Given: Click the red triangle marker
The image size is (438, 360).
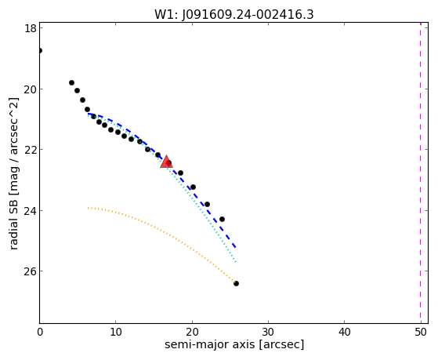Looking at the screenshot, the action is point(166,162).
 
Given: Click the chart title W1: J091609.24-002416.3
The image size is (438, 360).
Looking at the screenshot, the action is point(234,15).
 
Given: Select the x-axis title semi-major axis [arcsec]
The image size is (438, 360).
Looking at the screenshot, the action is point(234,344).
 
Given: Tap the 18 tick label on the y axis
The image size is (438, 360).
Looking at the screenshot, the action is point(31,28).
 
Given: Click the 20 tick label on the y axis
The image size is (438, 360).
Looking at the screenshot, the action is point(31,89).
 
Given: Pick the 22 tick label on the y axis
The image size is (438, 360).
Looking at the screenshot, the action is point(31,150).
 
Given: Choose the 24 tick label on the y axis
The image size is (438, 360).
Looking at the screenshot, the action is point(31,210).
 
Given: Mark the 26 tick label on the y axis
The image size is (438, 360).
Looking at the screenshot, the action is point(31,271).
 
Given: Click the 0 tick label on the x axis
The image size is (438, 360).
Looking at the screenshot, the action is point(40,333).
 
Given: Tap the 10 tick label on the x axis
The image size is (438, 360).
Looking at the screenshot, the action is point(116,333).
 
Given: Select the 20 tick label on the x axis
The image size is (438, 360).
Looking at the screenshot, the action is point(192,333).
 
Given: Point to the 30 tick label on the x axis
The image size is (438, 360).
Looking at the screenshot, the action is point(268,333).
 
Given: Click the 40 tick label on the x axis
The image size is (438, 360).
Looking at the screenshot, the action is point(345,333).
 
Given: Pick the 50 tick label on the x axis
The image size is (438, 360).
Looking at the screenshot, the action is point(421,333).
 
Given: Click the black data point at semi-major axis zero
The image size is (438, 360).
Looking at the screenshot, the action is point(40,51).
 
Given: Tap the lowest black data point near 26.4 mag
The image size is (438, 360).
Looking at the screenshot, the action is point(236,284).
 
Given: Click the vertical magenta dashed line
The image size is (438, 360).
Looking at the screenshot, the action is point(421,173).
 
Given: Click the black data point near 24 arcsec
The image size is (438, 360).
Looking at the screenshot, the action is point(222,219).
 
